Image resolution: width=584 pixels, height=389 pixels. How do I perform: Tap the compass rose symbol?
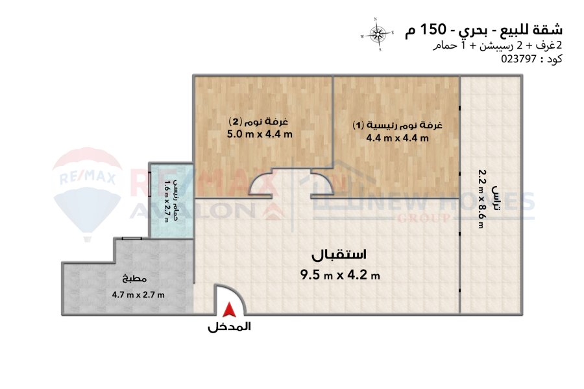click(377, 34)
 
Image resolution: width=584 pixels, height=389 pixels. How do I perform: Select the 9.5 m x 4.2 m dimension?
click(340, 275)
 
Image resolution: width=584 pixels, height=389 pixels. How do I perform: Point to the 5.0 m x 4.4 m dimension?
click(260, 134)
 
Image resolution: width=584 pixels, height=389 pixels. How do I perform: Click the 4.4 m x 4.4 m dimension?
click(397, 138)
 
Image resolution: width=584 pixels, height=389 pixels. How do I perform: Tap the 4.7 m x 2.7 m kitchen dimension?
click(138, 295)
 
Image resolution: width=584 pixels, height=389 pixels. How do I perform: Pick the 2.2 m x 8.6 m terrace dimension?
click(481, 198)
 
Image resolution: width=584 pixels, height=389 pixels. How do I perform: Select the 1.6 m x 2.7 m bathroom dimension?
click(167, 200)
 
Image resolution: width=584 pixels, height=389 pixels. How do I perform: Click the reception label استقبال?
click(339, 255)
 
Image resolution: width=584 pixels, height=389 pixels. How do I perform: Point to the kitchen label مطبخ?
click(134, 278)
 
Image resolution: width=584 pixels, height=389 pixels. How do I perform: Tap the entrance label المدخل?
click(230, 327)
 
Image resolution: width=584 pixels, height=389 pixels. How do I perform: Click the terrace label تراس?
click(496, 199)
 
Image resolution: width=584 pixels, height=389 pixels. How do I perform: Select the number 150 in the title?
click(432, 29)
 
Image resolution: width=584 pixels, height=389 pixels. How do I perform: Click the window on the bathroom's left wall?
click(149, 183)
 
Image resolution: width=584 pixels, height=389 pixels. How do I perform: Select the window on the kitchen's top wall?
click(132, 238)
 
